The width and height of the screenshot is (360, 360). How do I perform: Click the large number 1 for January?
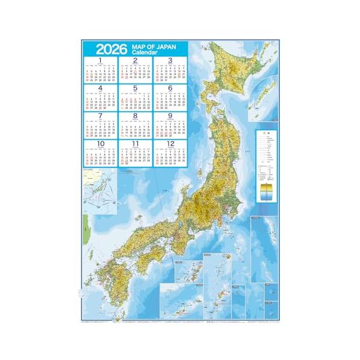(100, 60)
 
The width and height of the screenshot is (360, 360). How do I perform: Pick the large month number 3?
(170, 60)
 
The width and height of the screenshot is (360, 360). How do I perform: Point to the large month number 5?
(135, 88)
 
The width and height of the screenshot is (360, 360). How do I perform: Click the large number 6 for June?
(170, 88)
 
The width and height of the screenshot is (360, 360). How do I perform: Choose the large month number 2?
(135, 60)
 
